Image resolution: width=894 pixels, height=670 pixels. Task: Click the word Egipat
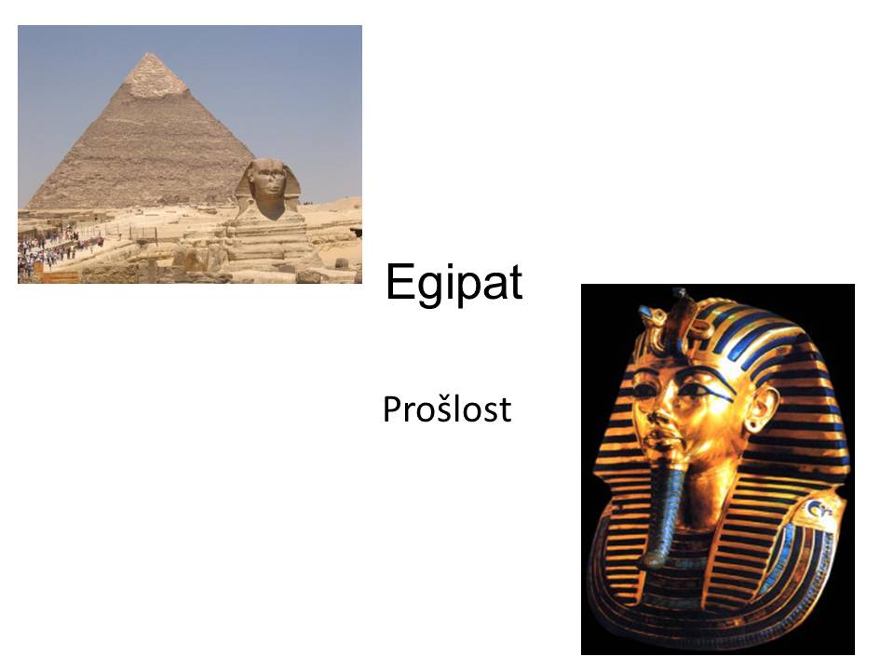(454, 283)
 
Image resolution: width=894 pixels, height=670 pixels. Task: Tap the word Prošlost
(447, 409)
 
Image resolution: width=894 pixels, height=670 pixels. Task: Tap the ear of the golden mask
(761, 407)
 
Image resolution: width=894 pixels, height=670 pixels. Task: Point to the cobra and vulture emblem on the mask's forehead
(670, 320)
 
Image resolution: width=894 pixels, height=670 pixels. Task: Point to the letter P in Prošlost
(392, 409)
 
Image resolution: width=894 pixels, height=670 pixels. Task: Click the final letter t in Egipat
(515, 283)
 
